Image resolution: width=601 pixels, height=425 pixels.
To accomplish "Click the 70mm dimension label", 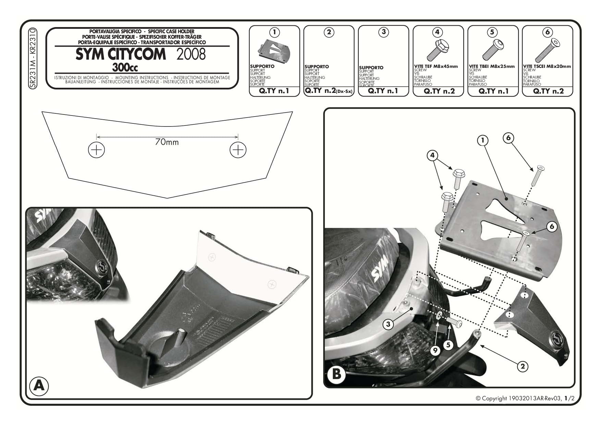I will pyautogui.click(x=167, y=142).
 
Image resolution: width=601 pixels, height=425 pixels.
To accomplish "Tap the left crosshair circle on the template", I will pyautogui.click(x=96, y=150).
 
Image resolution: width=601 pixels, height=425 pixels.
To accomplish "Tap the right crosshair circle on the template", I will pyautogui.click(x=238, y=150).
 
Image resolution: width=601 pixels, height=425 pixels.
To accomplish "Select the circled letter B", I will pyautogui.click(x=336, y=374).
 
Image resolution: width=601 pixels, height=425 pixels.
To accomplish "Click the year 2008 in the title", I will pyautogui.click(x=191, y=54).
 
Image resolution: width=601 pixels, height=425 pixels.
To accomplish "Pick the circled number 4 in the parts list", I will pyautogui.click(x=437, y=32).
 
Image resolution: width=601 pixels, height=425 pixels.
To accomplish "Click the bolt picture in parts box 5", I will pyautogui.click(x=492, y=50).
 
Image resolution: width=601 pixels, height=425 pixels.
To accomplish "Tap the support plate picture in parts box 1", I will pyautogui.click(x=274, y=51).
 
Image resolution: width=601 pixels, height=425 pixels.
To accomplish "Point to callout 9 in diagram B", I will pyautogui.click(x=435, y=350).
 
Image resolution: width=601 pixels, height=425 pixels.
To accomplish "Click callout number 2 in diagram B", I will pyautogui.click(x=523, y=366).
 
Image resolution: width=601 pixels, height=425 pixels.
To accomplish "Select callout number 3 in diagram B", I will pyautogui.click(x=388, y=324).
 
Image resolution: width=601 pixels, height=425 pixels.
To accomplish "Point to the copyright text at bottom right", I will pyautogui.click(x=525, y=398).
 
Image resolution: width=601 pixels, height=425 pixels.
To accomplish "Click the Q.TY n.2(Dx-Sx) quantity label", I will pyautogui.click(x=329, y=91).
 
